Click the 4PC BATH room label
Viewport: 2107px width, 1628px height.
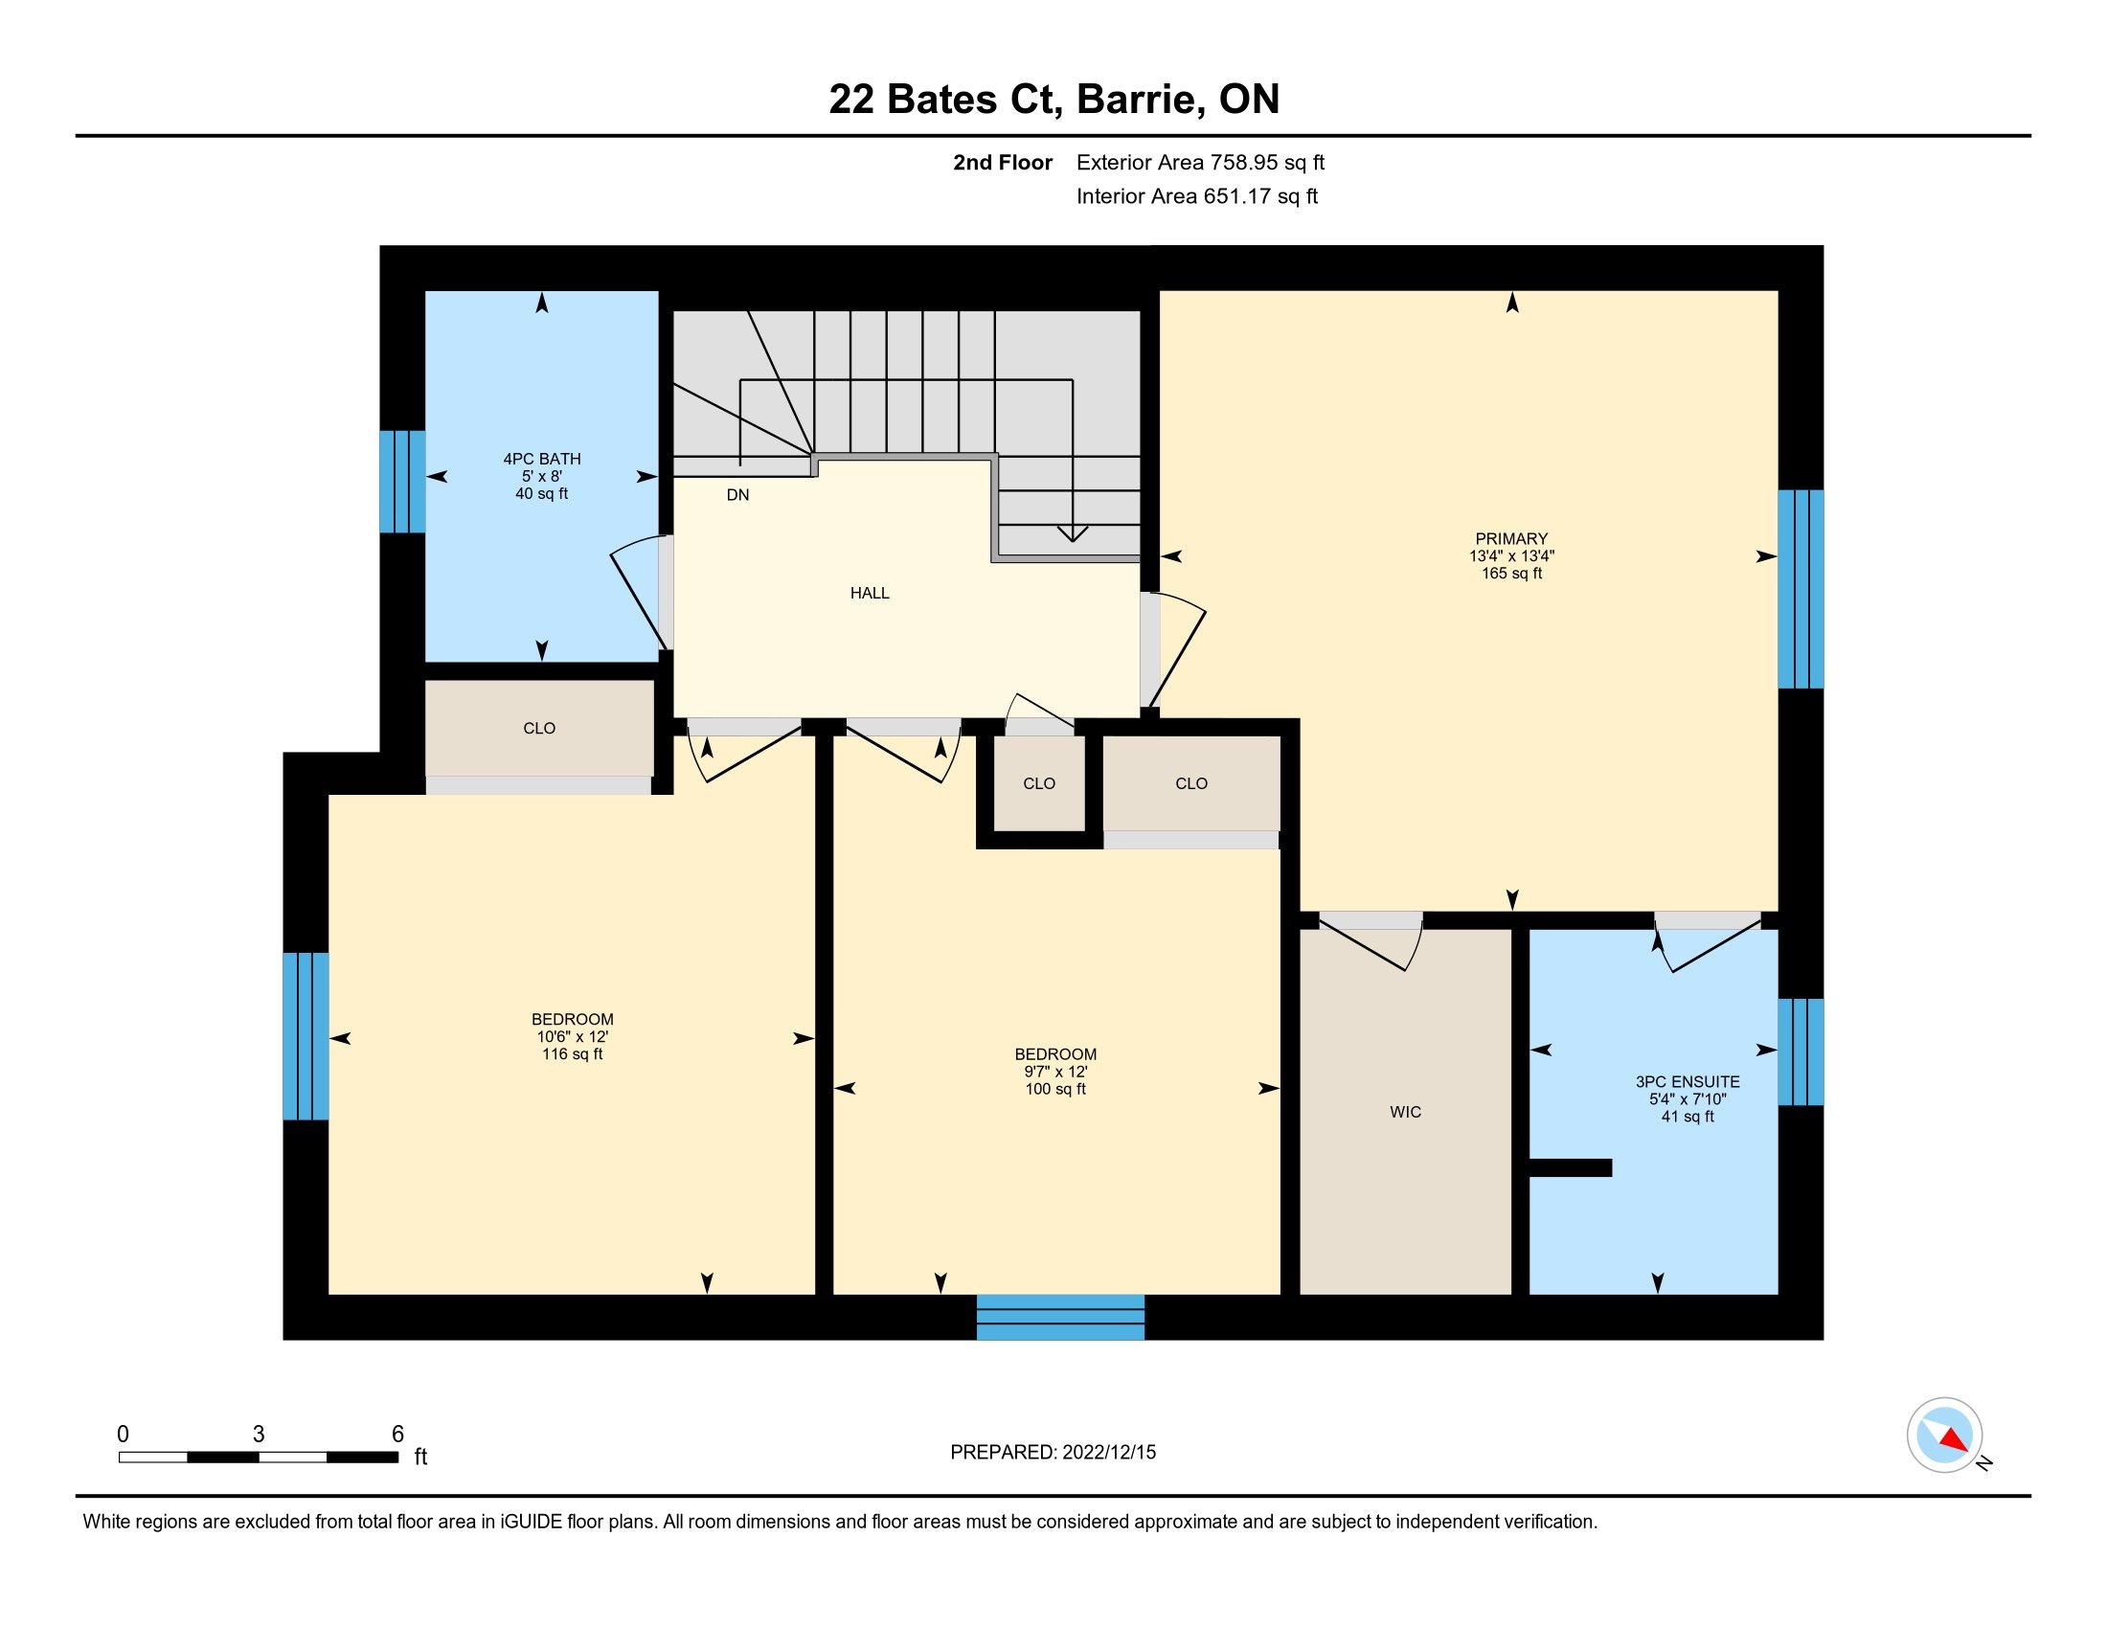[541, 459]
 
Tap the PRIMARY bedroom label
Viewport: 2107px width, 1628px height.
[1510, 539]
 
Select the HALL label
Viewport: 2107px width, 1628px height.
[870, 593]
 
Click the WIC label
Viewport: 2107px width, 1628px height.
[1405, 1112]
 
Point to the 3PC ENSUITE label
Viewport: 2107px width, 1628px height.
[1688, 1082]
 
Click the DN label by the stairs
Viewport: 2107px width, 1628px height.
[737, 495]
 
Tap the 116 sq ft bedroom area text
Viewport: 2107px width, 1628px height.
[572, 1054]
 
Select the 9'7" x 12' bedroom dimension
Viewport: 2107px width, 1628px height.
[1055, 1072]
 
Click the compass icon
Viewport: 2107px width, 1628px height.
[1944, 1435]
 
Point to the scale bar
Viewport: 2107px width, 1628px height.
[259, 1458]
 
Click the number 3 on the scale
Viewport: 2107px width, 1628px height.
[259, 1435]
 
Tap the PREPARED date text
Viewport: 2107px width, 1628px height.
[1053, 1453]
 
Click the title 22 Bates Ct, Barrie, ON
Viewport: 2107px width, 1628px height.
[1053, 99]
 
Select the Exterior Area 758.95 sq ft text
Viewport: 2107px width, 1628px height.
[1200, 162]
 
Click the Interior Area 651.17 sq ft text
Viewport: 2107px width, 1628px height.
[1196, 195]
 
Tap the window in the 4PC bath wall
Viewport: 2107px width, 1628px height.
[402, 482]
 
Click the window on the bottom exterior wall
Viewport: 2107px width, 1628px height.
[1060, 1318]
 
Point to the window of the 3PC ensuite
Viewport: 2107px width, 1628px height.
[1801, 1051]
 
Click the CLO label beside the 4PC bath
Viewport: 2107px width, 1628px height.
[539, 728]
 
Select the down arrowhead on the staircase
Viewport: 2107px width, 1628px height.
[1073, 533]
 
